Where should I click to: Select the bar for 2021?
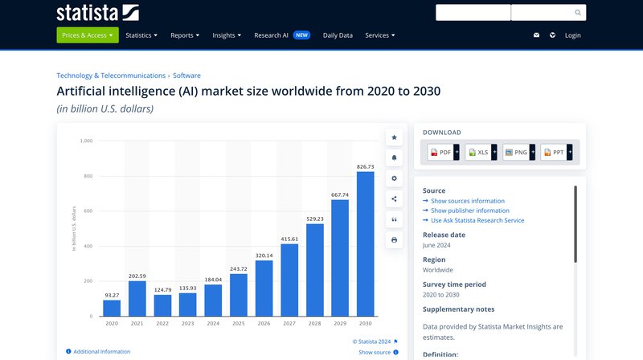tap(137, 298)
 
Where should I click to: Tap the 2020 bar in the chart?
tap(112, 308)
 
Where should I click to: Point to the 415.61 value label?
tap(289, 239)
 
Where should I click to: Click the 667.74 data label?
tap(340, 194)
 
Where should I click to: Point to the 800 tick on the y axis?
tap(87, 176)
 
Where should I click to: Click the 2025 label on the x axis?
tap(239, 323)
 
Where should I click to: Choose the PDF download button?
tap(440, 152)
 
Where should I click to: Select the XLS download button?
tap(478, 152)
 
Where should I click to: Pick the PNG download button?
tap(516, 152)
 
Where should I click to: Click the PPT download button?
tap(554, 152)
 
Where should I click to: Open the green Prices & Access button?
tap(88, 35)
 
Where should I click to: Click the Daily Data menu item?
tap(338, 35)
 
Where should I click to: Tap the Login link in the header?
tap(572, 35)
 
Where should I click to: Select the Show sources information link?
tap(468, 201)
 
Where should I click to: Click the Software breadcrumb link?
tap(186, 76)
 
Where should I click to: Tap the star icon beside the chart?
tap(394, 137)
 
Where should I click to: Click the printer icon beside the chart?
tap(394, 239)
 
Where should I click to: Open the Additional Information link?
tap(101, 351)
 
